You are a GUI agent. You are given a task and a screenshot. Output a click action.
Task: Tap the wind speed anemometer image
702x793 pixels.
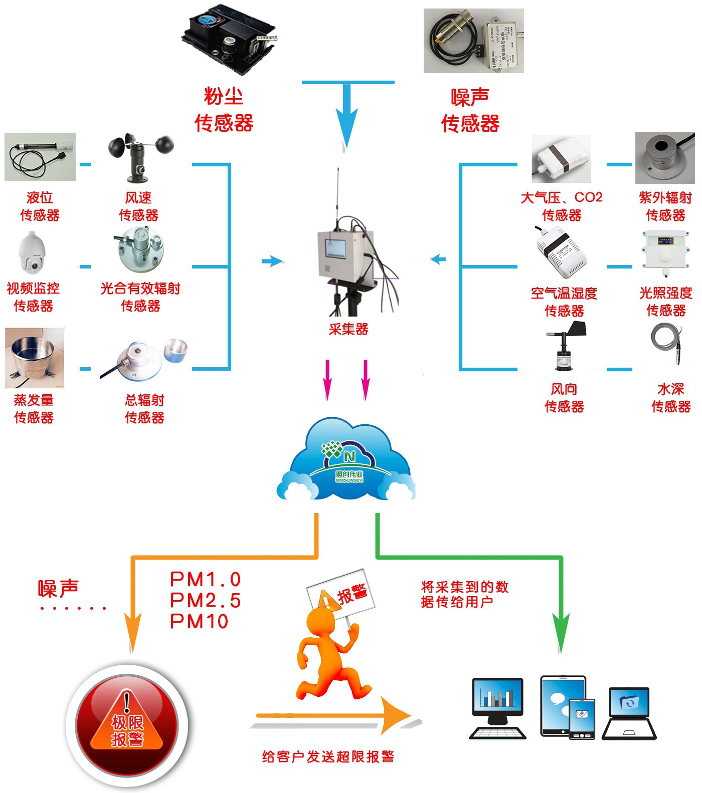[x=140, y=156]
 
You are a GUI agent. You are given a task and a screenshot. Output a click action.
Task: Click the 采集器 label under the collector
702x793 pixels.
[x=348, y=329]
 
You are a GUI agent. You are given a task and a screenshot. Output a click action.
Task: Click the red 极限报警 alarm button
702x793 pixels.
[x=127, y=726]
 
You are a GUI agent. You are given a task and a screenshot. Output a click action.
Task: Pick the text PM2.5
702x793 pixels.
[x=206, y=600]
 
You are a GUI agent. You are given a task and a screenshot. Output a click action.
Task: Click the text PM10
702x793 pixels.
[x=199, y=621]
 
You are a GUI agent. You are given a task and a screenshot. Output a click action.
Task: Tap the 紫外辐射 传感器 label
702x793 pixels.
[x=665, y=206]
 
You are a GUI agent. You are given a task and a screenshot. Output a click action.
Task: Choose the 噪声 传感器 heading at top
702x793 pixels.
[x=470, y=110]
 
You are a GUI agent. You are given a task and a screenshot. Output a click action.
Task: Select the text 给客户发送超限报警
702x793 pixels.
[x=328, y=756]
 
